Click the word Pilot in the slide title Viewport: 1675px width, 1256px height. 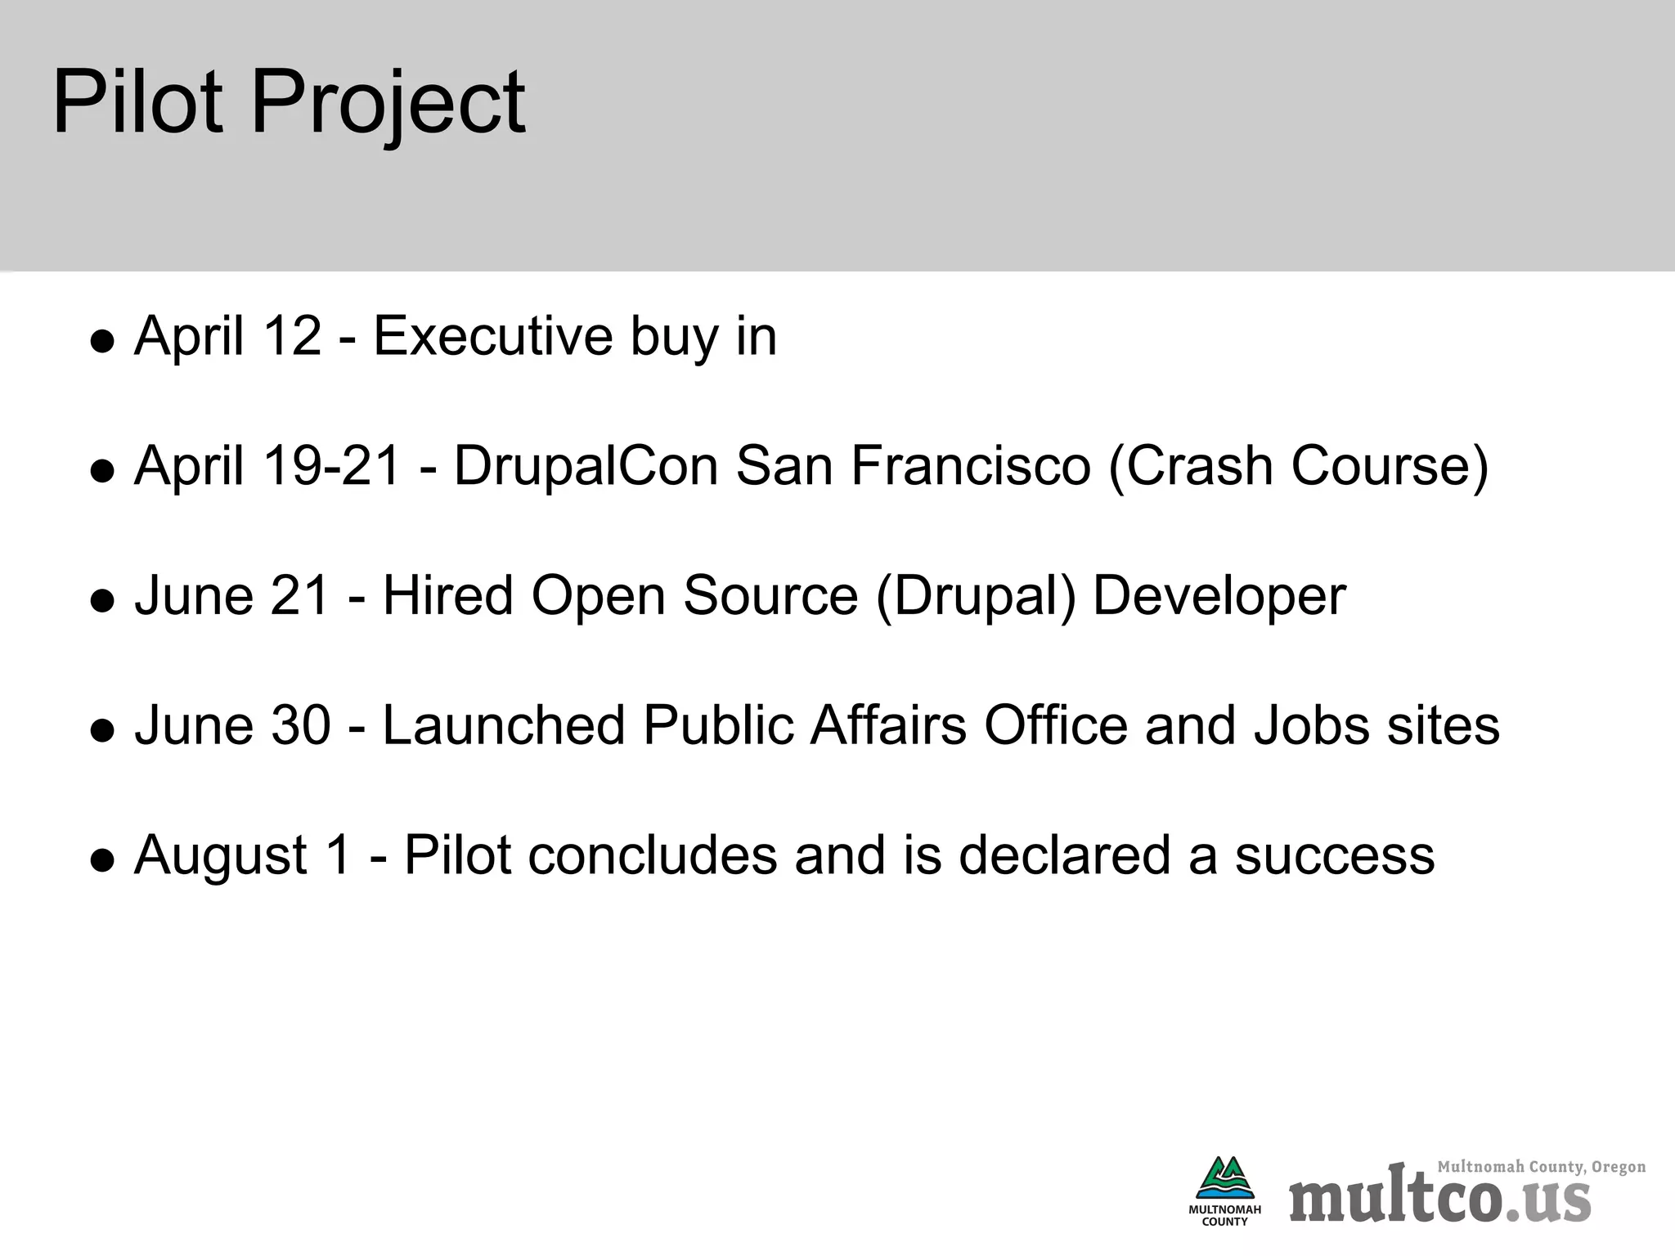tap(137, 103)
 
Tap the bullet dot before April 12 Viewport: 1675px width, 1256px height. tap(102, 341)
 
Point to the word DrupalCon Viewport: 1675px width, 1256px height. tap(586, 465)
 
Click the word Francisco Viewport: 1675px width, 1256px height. tap(971, 465)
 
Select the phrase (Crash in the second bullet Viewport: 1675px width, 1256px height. tap(1190, 467)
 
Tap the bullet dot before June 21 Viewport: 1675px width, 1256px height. tap(102, 601)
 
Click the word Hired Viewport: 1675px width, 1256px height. tap(448, 595)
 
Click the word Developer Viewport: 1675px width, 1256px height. tap(1219, 597)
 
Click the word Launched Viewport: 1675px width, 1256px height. tap(503, 725)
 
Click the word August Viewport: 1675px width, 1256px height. tap(221, 857)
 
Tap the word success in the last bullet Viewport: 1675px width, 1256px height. tap(1334, 855)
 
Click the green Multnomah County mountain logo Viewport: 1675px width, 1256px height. tap(1224, 1178)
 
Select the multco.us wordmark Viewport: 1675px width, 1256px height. tap(1439, 1199)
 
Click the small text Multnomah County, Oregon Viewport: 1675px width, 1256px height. tap(1541, 1167)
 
